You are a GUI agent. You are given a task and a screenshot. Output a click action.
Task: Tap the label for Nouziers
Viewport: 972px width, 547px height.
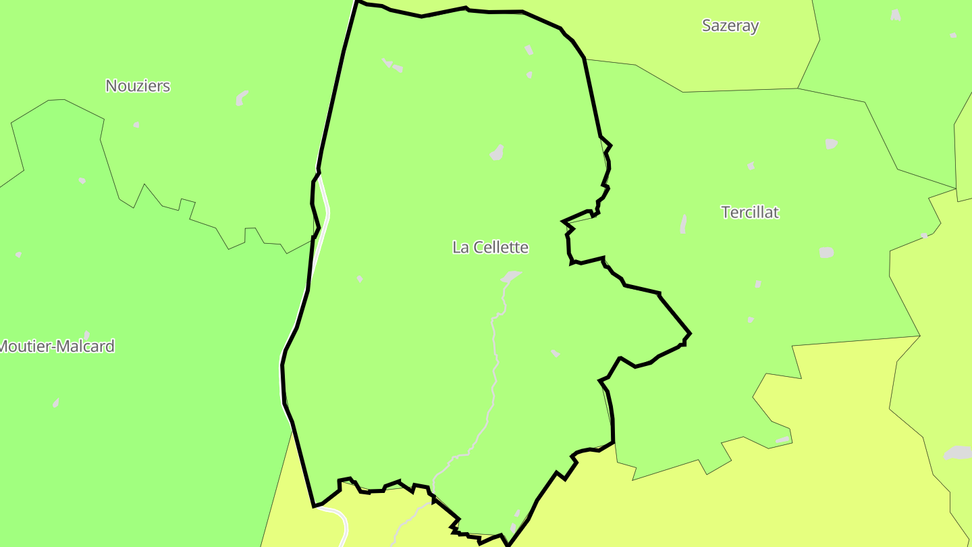(x=138, y=86)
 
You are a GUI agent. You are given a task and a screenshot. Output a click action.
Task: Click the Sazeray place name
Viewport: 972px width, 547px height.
(x=730, y=26)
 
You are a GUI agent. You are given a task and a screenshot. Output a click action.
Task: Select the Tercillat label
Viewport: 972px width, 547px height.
(x=750, y=212)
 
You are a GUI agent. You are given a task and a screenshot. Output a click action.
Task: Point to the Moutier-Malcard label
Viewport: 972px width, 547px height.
(x=57, y=346)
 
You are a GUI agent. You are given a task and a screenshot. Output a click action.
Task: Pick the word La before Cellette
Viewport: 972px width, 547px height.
(x=460, y=247)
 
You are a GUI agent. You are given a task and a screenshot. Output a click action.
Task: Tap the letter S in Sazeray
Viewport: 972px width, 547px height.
(x=707, y=26)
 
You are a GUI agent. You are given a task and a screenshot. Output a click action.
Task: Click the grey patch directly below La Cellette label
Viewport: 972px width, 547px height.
(x=511, y=276)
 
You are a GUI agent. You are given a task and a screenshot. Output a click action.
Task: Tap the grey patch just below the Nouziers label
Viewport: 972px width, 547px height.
(x=241, y=98)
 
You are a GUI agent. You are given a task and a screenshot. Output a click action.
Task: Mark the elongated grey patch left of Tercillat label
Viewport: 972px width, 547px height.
(x=684, y=224)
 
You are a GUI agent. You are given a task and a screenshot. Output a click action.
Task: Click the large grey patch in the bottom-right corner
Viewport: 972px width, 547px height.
(x=957, y=452)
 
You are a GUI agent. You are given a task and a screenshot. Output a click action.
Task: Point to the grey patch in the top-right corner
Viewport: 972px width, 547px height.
(x=896, y=15)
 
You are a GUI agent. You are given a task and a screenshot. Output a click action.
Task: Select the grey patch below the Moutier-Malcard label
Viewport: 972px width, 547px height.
(x=56, y=403)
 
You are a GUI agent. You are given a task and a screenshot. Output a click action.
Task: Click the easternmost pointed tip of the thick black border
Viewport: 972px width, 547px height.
(x=690, y=334)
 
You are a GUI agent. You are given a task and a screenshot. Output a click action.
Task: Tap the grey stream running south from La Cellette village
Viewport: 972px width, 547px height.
(x=495, y=365)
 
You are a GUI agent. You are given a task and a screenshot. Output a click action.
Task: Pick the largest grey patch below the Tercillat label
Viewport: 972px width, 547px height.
(x=826, y=252)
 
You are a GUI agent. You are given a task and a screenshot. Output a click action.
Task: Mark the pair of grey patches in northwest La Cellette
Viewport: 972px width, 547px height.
(x=392, y=66)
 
